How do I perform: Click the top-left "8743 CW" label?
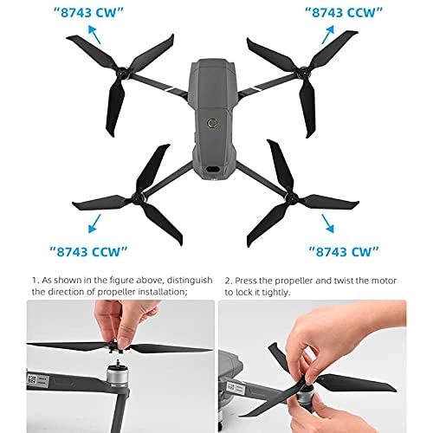pyautogui.click(x=88, y=13)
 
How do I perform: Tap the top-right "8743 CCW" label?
pyautogui.click(x=344, y=13)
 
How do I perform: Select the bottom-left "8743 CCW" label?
pyautogui.click(x=88, y=252)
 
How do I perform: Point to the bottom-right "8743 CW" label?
pyautogui.click(x=344, y=252)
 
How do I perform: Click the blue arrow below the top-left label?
pyautogui.click(x=94, y=35)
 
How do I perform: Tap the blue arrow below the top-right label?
pyautogui.click(x=328, y=35)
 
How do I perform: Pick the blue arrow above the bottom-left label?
pyautogui.click(x=94, y=223)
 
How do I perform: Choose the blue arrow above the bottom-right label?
pyautogui.click(x=327, y=223)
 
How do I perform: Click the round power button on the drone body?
pyautogui.click(x=212, y=123)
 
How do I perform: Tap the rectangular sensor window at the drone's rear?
pyautogui.click(x=213, y=170)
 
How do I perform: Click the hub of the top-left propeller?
pyautogui.click(x=122, y=72)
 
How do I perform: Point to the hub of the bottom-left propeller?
pyautogui.click(x=138, y=197)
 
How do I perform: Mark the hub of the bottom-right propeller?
pyautogui.click(x=291, y=198)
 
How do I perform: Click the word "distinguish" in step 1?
pyautogui.click(x=190, y=281)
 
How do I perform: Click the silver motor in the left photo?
pyautogui.click(x=117, y=376)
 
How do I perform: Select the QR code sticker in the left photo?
pyautogui.click(x=31, y=379)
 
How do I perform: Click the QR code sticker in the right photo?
pyautogui.click(x=231, y=387)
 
